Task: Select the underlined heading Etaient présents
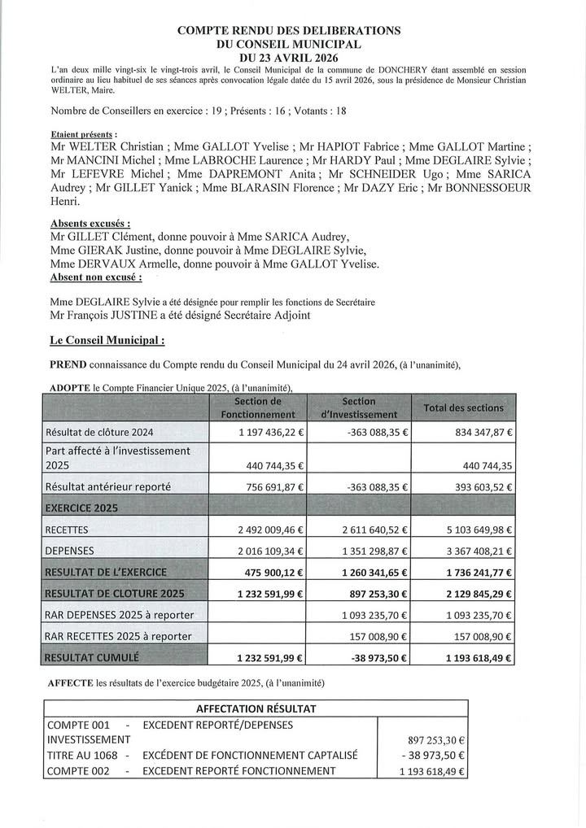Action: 83,133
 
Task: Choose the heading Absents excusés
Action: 90,223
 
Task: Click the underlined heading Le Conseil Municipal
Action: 107,341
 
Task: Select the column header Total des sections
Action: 463,407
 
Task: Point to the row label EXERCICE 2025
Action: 83,508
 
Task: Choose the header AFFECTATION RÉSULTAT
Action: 256,708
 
